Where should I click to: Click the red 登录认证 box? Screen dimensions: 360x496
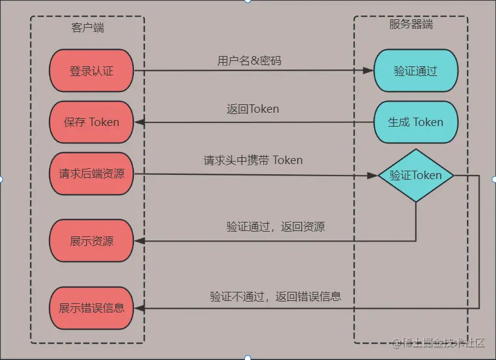point(91,71)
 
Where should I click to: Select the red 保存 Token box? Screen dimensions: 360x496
point(91,122)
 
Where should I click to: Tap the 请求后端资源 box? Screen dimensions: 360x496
point(91,174)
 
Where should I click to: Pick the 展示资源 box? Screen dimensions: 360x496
point(91,241)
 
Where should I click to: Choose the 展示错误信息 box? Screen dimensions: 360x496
point(91,308)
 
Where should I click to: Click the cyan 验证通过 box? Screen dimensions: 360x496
point(415,71)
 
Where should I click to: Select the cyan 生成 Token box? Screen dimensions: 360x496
point(415,122)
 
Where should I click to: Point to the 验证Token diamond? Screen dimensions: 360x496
point(415,175)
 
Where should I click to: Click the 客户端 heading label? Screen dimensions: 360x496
point(88,28)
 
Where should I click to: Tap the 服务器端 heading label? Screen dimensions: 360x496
point(411,24)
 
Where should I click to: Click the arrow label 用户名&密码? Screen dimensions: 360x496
point(249,60)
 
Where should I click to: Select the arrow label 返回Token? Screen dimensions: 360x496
point(253,109)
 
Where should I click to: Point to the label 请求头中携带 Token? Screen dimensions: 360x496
point(253,160)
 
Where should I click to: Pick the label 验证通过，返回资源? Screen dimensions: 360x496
point(276,227)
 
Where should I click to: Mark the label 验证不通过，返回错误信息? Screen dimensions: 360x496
point(276,296)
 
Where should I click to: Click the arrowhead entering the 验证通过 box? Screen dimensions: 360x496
point(368,71)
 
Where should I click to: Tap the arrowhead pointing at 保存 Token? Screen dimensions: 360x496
point(139,122)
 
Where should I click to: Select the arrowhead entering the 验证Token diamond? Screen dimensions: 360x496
point(372,175)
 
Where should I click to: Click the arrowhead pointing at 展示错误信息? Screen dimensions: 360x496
point(139,308)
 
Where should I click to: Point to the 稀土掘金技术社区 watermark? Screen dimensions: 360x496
point(439,343)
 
